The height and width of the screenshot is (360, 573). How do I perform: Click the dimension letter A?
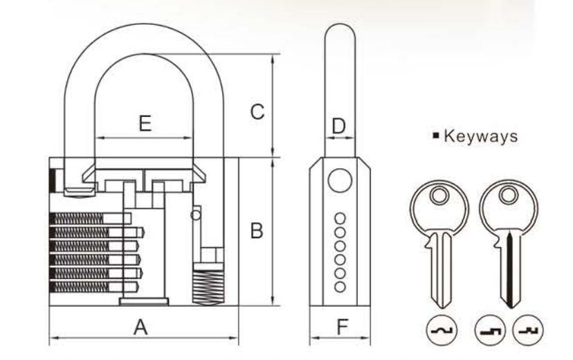(x=140, y=327)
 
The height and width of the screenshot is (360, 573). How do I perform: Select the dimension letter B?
(x=257, y=231)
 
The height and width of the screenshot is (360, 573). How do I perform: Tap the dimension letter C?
(x=257, y=111)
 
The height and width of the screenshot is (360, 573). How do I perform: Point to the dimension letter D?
(x=339, y=126)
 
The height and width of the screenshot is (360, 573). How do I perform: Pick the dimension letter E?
(x=145, y=123)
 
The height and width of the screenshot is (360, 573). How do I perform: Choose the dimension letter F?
(x=343, y=327)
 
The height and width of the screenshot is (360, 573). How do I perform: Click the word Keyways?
(x=480, y=136)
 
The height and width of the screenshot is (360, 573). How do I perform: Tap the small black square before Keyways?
(x=435, y=135)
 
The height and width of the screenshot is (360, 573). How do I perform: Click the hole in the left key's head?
(x=439, y=195)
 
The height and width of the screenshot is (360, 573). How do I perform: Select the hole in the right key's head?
(x=509, y=195)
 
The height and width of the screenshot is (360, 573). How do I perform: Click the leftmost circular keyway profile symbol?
(x=442, y=330)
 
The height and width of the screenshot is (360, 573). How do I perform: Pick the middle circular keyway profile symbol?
(x=490, y=330)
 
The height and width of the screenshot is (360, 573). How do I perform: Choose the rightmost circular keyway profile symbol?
(x=528, y=330)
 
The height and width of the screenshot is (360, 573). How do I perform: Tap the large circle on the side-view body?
(x=340, y=181)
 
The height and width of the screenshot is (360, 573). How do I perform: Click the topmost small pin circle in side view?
(x=340, y=219)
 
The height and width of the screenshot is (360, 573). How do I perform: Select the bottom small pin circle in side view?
(x=340, y=287)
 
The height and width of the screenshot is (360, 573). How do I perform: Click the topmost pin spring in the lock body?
(x=76, y=219)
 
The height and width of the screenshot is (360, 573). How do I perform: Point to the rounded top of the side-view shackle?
(x=340, y=26)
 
